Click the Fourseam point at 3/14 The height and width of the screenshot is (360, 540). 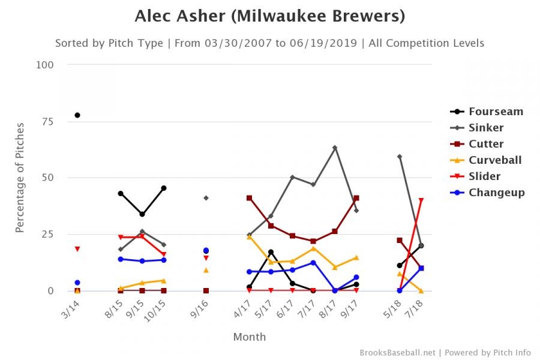coord(77,115)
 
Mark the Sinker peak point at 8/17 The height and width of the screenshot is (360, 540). coord(335,148)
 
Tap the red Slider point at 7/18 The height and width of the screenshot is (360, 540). coord(421,200)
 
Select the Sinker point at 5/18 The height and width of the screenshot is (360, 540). coord(400,157)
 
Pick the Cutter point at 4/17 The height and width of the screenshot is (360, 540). coord(249,198)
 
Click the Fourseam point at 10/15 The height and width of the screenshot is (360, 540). coord(164,188)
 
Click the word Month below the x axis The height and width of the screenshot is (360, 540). coord(249,337)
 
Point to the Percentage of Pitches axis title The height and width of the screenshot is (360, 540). coord(20,178)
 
